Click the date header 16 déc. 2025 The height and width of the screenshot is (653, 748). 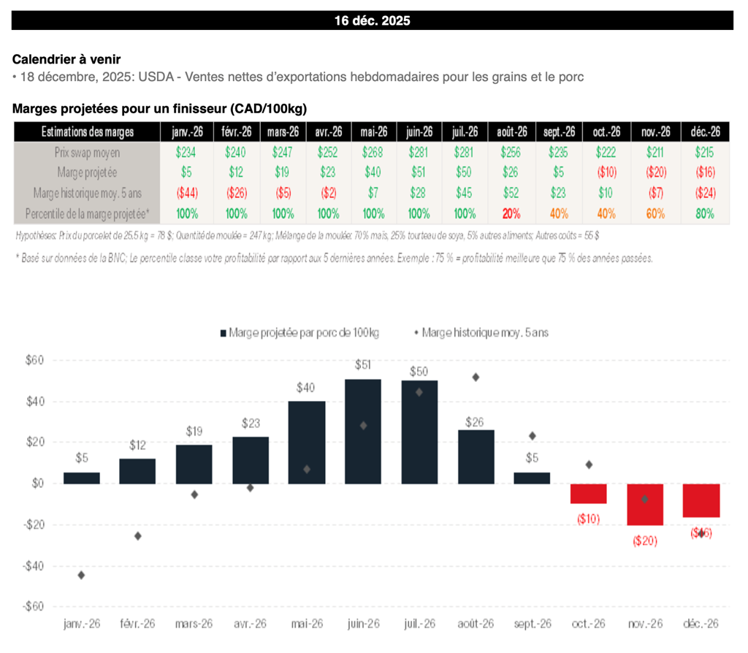pos(373,20)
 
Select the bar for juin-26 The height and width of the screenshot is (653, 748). pos(363,431)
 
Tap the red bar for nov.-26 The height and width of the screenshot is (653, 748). pos(645,504)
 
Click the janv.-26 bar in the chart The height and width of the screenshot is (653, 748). pos(82,478)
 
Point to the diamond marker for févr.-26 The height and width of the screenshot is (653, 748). pos(138,536)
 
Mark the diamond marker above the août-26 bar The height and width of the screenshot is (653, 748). pos(476,377)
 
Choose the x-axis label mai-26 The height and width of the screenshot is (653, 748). pos(307,623)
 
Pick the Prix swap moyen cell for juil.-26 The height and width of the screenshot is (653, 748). pos(465,153)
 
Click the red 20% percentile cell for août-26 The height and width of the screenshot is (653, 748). pos(511,214)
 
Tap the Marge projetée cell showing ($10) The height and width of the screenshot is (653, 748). pos(606,173)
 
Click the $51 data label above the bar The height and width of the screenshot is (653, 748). pos(363,364)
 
